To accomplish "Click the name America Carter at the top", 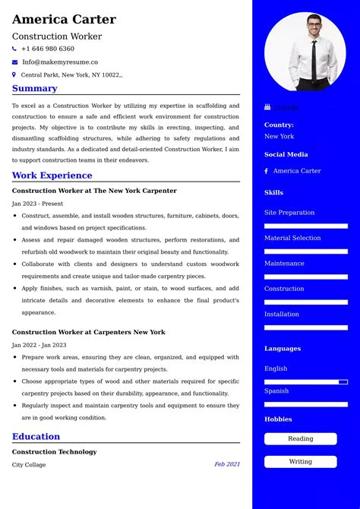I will (64, 19).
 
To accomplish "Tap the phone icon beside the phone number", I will (14, 49).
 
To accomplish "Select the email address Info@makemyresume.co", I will (60, 62).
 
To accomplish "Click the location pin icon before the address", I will (14, 74).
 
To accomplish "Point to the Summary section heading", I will (35, 88).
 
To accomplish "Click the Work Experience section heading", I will (52, 175).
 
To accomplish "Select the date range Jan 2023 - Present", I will (37, 204).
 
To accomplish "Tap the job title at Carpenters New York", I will (88, 332).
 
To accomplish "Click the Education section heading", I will (36, 436).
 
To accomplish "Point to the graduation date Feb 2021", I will (226, 464).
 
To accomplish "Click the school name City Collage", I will (29, 464).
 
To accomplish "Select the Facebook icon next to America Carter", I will (267, 171).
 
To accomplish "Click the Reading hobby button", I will (301, 438).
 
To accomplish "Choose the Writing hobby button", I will (301, 461).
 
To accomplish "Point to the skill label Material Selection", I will (292, 238).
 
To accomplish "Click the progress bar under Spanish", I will (306, 404).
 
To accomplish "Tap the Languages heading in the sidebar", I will (283, 349).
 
